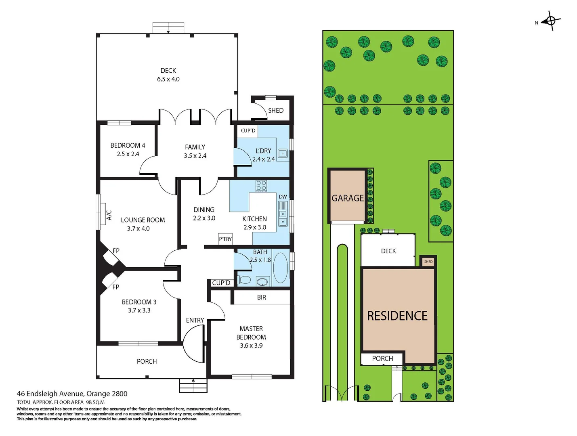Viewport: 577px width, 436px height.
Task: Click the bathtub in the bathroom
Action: coord(280,268)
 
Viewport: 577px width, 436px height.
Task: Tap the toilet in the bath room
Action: coord(244,279)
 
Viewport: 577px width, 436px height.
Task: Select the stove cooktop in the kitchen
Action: coord(261,186)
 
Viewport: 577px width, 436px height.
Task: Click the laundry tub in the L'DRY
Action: coord(283,153)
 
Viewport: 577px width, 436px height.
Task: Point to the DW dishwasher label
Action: coord(283,197)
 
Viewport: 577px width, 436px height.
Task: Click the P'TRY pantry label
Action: coord(225,239)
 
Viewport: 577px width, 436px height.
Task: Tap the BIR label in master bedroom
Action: coord(262,298)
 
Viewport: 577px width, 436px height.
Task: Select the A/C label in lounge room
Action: coord(109,215)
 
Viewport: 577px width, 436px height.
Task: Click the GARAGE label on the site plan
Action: coord(348,198)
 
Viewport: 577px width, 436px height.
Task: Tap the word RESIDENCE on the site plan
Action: coord(397,316)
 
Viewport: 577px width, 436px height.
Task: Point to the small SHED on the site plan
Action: coord(428,262)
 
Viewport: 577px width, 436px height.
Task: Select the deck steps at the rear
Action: coord(168,28)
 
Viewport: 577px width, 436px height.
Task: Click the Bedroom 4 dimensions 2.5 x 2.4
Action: coord(128,154)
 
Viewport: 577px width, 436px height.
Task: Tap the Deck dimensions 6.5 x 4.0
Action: coord(168,80)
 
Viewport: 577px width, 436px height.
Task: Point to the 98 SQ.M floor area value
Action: coord(95,402)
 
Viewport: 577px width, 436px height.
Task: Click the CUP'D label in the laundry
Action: coord(248,130)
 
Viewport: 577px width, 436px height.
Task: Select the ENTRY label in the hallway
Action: coord(195,320)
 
